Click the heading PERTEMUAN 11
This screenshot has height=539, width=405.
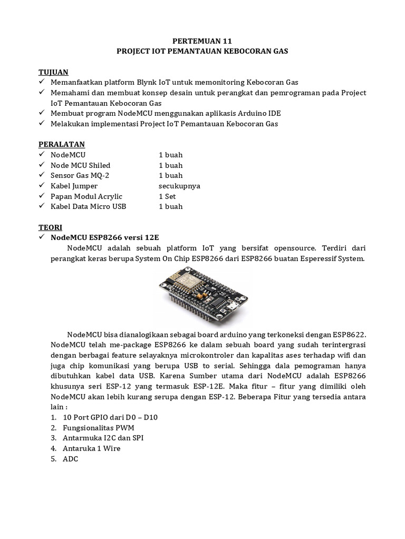pyautogui.click(x=202, y=41)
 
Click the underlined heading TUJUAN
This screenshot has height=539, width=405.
pyautogui.click(x=53, y=72)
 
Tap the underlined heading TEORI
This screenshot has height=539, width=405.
pyautogui.click(x=51, y=227)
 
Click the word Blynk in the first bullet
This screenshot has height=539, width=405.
pyautogui.click(x=150, y=83)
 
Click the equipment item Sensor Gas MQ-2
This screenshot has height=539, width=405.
pyautogui.click(x=80, y=175)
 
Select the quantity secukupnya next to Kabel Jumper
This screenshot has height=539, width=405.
pyautogui.click(x=179, y=186)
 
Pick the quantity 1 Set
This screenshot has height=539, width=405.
pyautogui.click(x=168, y=196)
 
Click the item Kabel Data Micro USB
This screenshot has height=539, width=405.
pyautogui.click(x=88, y=206)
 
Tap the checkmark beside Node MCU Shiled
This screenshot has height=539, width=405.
pyautogui.click(x=42, y=165)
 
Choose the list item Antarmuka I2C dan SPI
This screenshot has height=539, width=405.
pyautogui.click(x=103, y=438)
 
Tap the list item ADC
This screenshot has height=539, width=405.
pyautogui.click(x=70, y=459)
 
